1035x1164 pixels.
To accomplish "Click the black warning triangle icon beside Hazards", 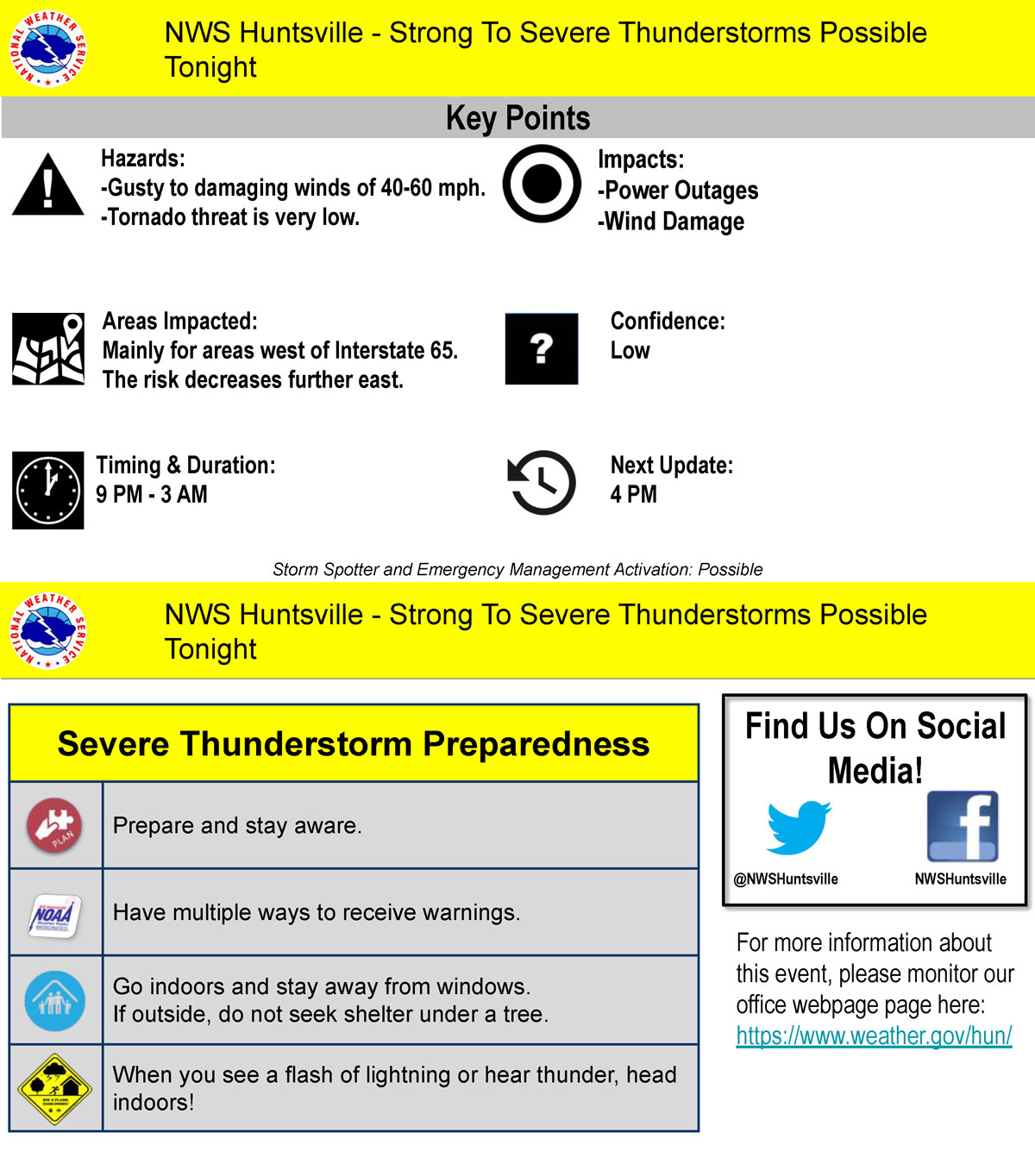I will click(x=48, y=186).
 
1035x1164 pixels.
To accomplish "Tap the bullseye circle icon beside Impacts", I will click(x=542, y=184).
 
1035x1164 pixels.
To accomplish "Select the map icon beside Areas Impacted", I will click(x=48, y=348).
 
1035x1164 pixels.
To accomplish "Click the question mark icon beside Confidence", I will click(x=542, y=348).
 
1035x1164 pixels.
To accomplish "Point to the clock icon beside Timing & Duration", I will click(x=48, y=490).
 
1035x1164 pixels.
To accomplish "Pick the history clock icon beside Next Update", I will click(x=542, y=483).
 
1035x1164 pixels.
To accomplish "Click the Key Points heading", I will click(x=517, y=118).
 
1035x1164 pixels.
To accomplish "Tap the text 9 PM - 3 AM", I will click(x=152, y=495).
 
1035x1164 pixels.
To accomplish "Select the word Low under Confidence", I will click(x=630, y=351).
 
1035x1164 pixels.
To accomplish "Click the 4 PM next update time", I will click(x=633, y=495).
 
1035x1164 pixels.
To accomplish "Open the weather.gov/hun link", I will click(x=874, y=1036).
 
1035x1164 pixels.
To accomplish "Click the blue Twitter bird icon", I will click(x=798, y=828).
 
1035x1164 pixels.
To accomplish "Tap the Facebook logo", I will click(x=963, y=827).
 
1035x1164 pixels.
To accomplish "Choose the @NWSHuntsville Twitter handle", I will click(x=786, y=879).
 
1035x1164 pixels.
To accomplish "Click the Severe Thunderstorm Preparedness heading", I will click(x=354, y=744).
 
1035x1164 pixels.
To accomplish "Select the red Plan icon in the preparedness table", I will click(x=54, y=825).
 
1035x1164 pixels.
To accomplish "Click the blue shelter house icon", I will click(x=55, y=1001).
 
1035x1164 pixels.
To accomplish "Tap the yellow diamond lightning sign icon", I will click(x=55, y=1089).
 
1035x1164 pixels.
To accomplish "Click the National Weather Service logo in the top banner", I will click(x=48, y=48).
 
